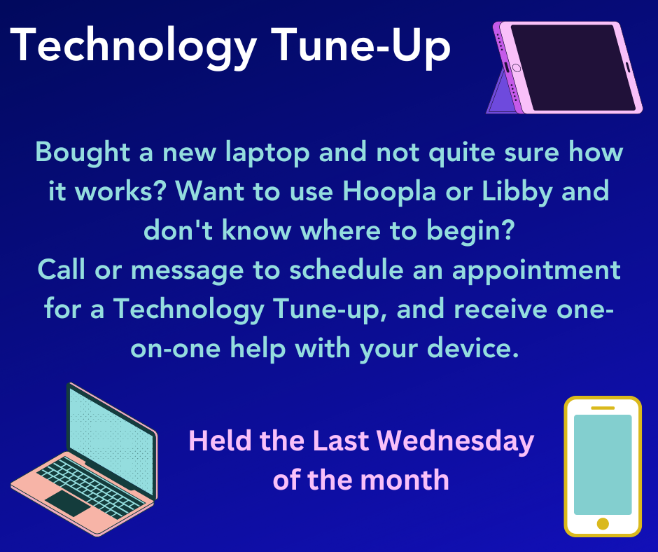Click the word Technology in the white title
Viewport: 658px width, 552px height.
[134, 46]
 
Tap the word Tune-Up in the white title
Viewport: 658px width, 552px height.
[361, 46]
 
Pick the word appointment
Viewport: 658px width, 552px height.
[536, 271]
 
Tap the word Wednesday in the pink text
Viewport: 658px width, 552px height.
[455, 442]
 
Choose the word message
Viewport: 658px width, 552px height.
[187, 271]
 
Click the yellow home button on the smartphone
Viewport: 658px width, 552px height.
[603, 524]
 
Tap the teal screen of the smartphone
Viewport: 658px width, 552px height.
[603, 464]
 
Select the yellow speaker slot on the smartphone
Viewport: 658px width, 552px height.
[603, 408]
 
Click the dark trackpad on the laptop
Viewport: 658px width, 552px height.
[68, 503]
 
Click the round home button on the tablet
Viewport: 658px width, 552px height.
[517, 68]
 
